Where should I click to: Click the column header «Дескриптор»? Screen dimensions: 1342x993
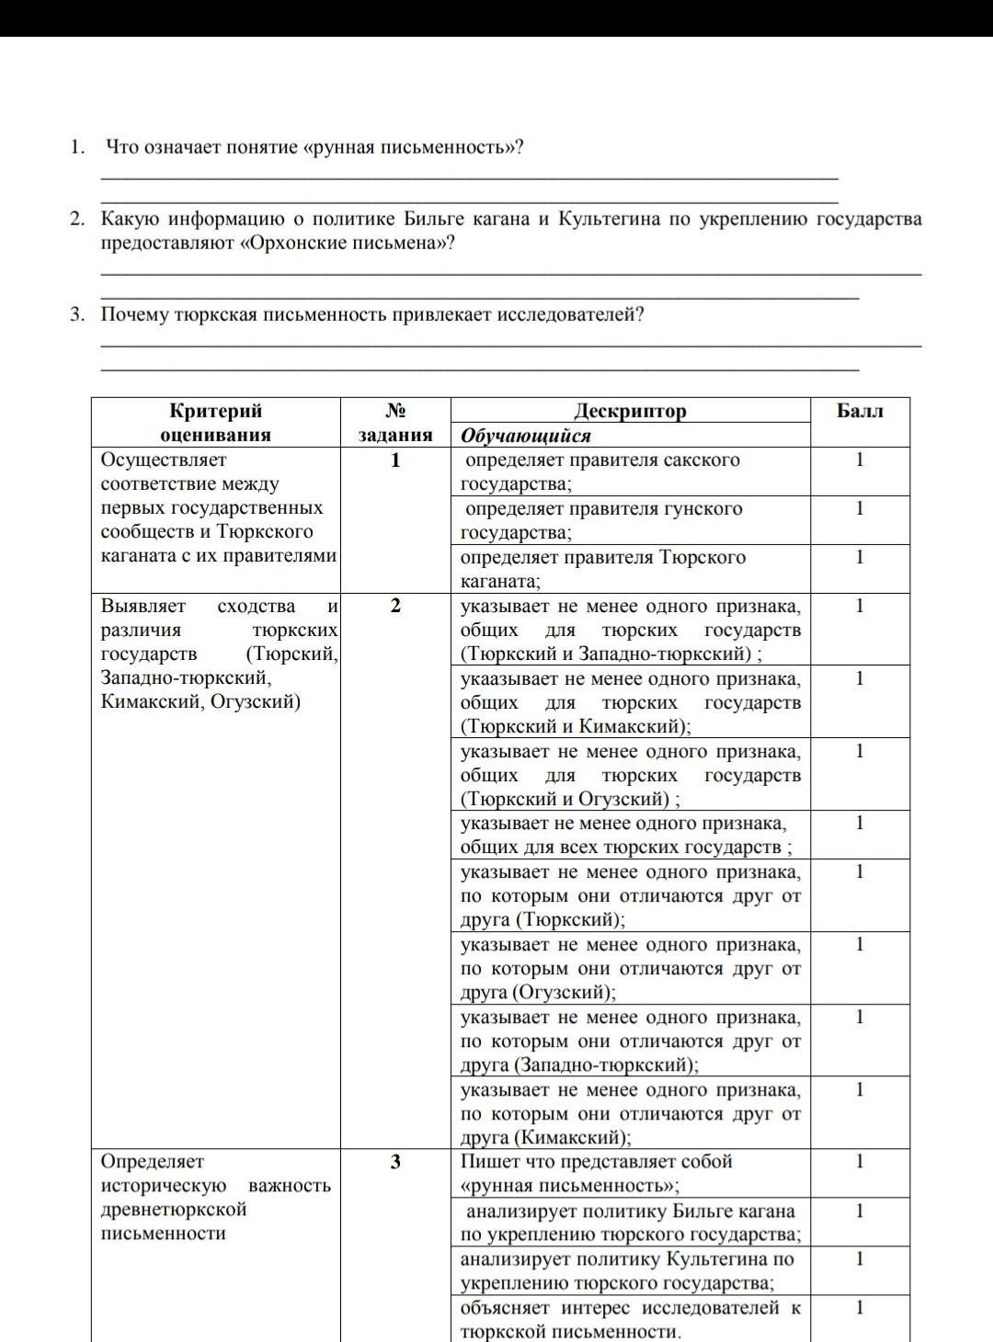(x=630, y=411)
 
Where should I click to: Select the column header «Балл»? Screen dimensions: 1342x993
(x=860, y=411)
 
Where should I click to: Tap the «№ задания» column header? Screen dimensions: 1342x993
(x=395, y=423)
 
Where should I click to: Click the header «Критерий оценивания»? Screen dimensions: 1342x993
(x=215, y=423)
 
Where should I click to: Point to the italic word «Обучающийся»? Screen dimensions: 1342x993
(x=525, y=436)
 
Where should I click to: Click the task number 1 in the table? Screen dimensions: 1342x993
(x=395, y=461)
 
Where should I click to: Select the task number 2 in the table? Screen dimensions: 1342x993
(x=395, y=606)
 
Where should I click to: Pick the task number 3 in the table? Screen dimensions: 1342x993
(x=395, y=1162)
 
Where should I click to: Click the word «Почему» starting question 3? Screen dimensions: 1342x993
(x=135, y=315)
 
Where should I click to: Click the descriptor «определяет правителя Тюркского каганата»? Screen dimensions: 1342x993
(x=602, y=569)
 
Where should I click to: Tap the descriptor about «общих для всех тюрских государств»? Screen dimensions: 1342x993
(x=625, y=835)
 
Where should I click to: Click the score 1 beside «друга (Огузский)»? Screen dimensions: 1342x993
(x=860, y=944)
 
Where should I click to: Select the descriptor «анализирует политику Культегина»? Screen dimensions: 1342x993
(x=626, y=1271)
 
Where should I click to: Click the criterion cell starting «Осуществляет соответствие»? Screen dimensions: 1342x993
(x=217, y=507)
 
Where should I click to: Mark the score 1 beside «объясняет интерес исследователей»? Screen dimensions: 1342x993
(x=860, y=1307)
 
